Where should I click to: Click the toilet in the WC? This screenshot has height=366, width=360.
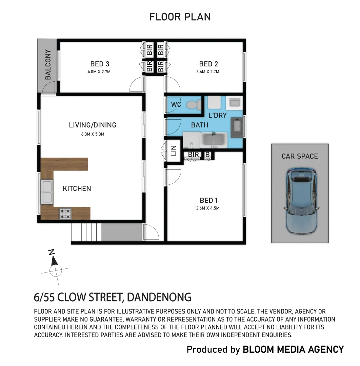(194, 105)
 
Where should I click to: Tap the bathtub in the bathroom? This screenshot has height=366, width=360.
(214, 140)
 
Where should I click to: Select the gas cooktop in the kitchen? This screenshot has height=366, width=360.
(65, 213)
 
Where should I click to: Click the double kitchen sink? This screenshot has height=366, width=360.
(47, 192)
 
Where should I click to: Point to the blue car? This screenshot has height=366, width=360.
(301, 201)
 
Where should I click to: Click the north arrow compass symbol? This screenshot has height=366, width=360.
(55, 267)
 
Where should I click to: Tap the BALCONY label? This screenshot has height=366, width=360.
(48, 65)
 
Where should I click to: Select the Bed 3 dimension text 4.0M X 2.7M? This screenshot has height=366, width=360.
(99, 72)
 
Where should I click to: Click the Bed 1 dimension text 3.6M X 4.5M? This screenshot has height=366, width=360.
(208, 208)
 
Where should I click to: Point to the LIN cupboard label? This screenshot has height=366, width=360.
(174, 150)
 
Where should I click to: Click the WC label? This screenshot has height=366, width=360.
(176, 104)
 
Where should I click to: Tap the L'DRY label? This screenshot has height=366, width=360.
(217, 115)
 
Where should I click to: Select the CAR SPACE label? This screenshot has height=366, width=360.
(300, 156)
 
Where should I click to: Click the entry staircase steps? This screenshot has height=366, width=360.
(87, 232)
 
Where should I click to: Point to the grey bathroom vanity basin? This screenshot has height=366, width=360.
(237, 127)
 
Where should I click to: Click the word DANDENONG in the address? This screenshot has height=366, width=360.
(159, 298)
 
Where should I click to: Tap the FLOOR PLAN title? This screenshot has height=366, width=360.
(180, 17)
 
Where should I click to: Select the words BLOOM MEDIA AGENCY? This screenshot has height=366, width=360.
(294, 350)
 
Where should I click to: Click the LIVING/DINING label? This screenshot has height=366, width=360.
(93, 125)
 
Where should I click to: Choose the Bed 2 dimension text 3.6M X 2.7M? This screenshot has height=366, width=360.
(208, 72)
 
